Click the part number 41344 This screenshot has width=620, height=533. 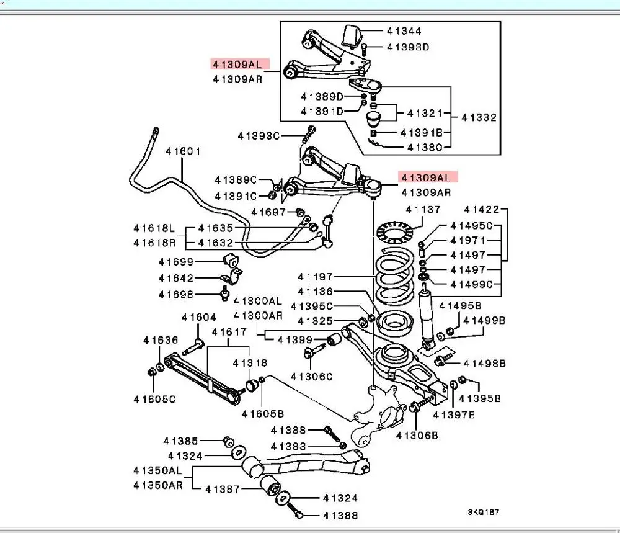(x=404, y=31)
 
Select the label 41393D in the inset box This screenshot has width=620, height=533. (x=408, y=47)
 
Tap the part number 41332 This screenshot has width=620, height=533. (x=479, y=117)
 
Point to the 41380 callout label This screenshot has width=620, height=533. (x=425, y=148)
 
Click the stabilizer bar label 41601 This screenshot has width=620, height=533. (x=183, y=151)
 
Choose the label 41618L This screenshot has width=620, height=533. (x=154, y=228)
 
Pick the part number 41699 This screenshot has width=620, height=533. (x=176, y=262)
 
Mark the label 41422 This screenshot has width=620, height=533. (x=481, y=209)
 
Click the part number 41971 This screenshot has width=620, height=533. (x=467, y=240)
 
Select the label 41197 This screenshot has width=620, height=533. (x=315, y=277)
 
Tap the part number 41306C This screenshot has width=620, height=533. (x=312, y=377)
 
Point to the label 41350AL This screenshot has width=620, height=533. (x=157, y=470)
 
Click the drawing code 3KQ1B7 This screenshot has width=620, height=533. (x=484, y=512)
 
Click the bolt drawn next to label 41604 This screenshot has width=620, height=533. (x=193, y=347)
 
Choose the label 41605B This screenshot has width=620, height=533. (x=262, y=414)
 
